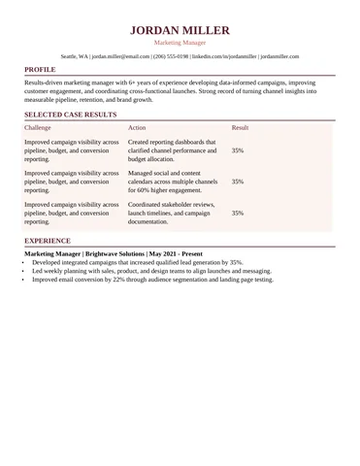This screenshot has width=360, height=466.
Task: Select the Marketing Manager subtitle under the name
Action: [180, 44]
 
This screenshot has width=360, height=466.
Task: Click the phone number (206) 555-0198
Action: [172, 57]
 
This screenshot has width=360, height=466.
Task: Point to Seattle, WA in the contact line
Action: [74, 57]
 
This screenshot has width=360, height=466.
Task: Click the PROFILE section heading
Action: [40, 71]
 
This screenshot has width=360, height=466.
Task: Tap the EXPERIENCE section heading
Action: [48, 240]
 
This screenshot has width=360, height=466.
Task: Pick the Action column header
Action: [137, 128]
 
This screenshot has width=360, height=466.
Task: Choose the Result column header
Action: [241, 128]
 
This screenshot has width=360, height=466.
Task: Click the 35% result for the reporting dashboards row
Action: [238, 150]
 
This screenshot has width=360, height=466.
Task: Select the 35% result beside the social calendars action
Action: [238, 182]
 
